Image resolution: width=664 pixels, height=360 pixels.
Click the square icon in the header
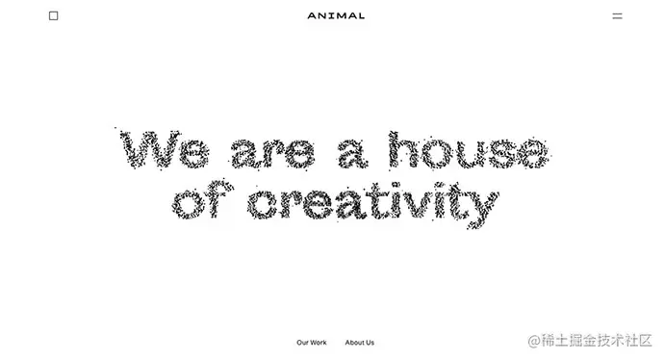click(54, 15)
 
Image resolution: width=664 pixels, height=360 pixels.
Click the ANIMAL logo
click(336, 15)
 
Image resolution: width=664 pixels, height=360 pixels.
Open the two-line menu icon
click(618, 15)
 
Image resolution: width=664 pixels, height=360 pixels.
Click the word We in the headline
click(164, 151)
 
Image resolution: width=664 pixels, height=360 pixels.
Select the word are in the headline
click(272, 153)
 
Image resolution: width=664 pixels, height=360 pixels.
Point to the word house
click(467, 151)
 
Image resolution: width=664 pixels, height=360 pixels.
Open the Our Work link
click(312, 343)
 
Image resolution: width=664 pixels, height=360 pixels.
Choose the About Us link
click(360, 343)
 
